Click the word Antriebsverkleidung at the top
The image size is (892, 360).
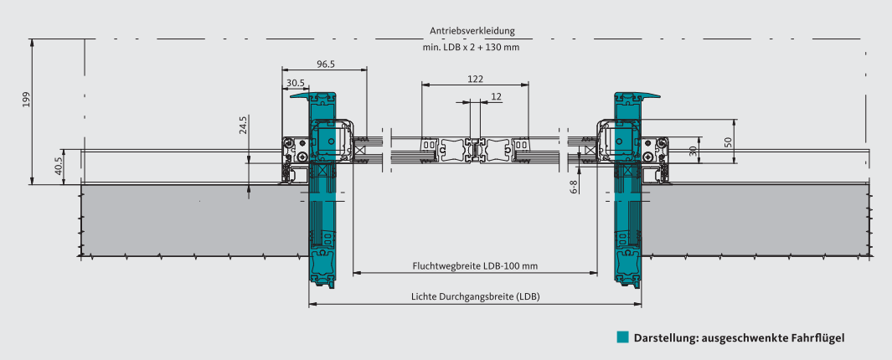point(472,31)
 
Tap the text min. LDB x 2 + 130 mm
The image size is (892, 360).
point(472,48)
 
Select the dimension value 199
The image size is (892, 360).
point(27,100)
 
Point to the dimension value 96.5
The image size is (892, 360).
point(326,64)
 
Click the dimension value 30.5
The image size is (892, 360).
point(295,83)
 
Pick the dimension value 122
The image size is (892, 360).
point(475,79)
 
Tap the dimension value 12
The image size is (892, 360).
point(497,96)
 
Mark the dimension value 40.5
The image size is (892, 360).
point(58,165)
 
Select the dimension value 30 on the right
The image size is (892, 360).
point(693,151)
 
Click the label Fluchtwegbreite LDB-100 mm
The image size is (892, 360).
point(475,266)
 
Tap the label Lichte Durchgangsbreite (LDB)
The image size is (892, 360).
point(475,296)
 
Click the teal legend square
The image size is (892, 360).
point(622,337)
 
